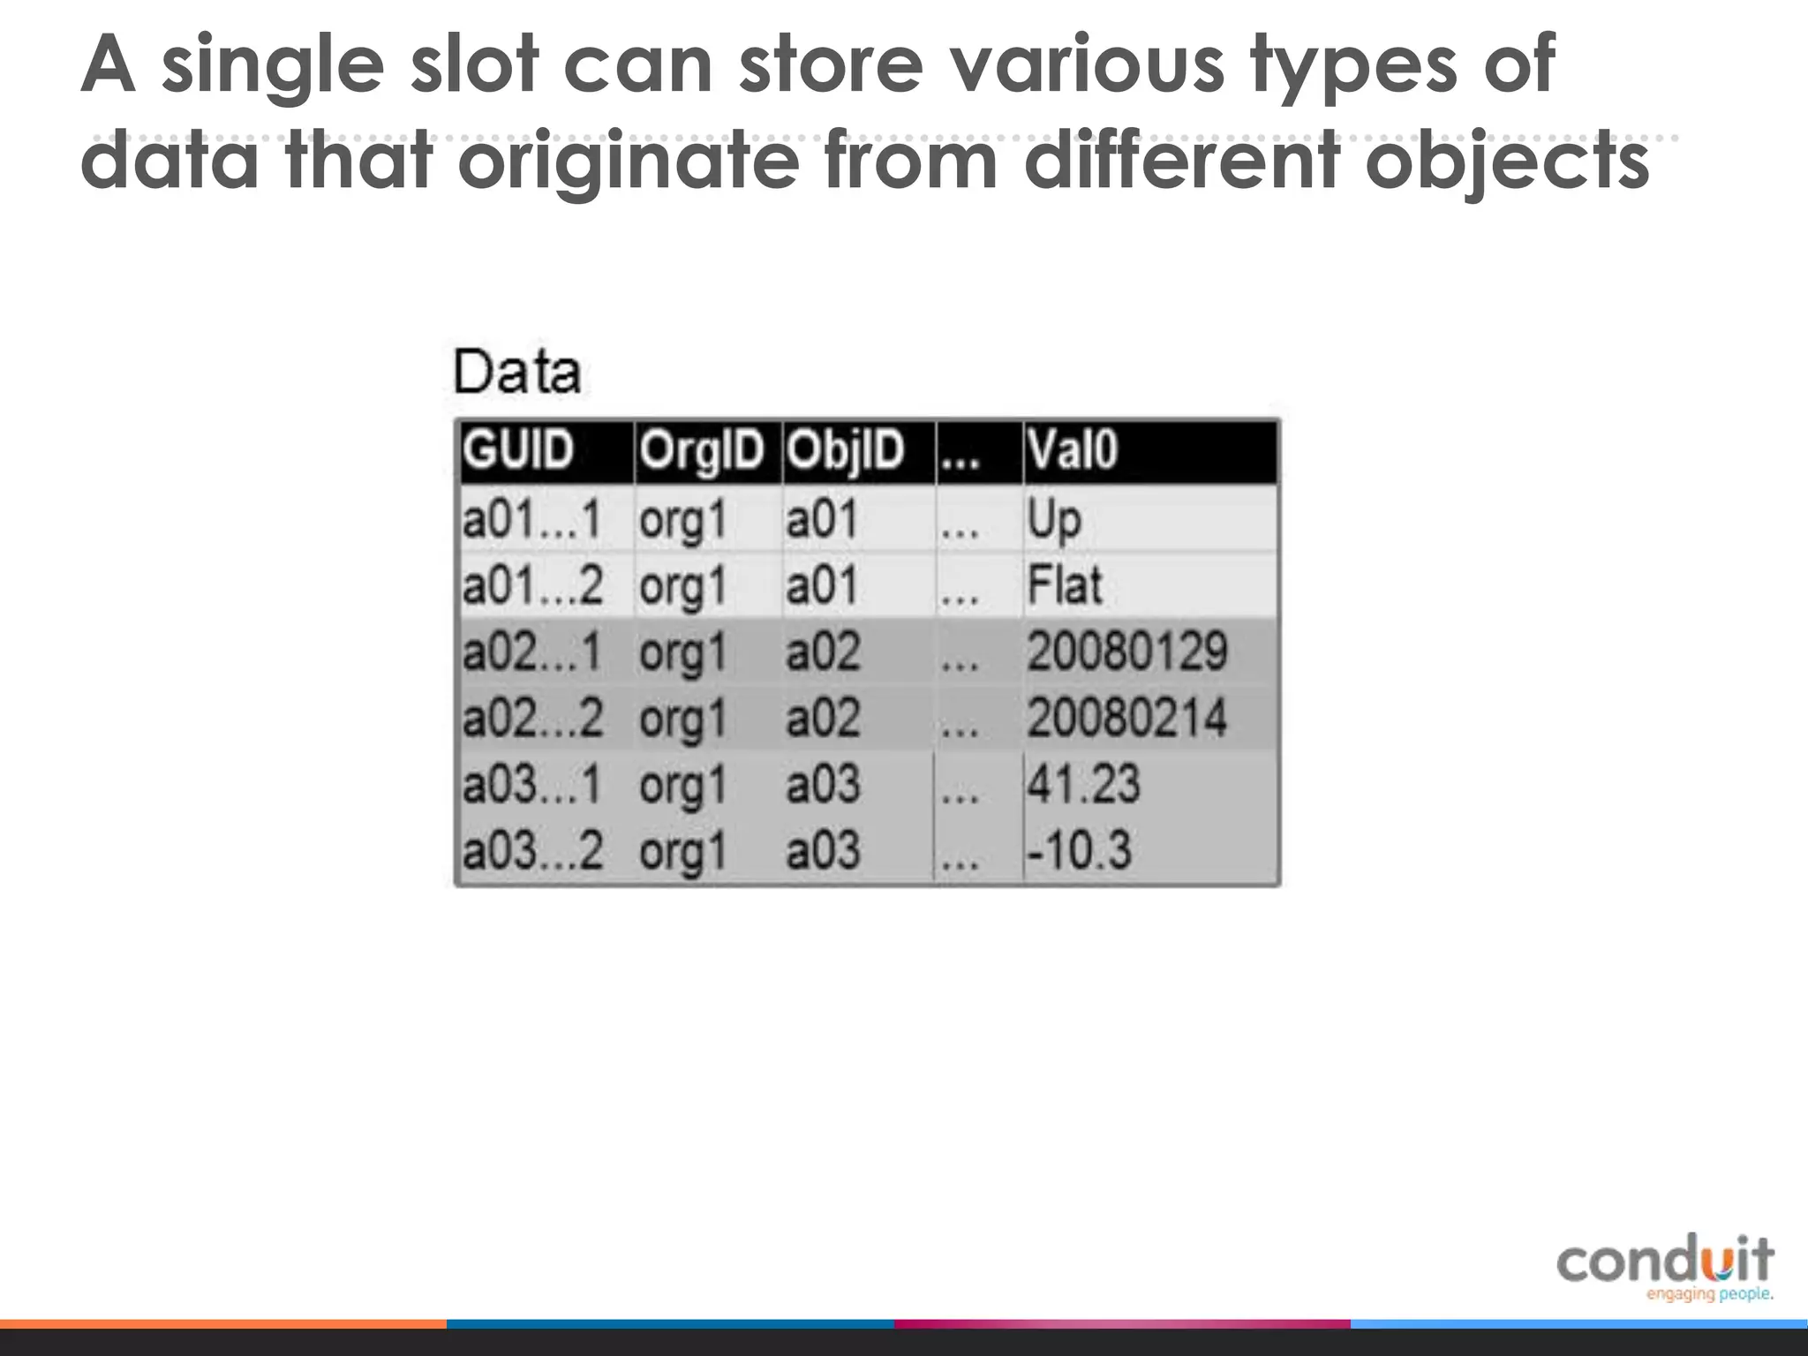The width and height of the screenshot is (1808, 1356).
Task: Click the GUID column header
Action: [x=519, y=450]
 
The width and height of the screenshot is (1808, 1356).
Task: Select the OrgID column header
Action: [x=702, y=451]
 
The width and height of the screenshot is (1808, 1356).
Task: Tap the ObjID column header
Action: [x=846, y=451]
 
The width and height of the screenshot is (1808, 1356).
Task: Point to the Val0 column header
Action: [x=1072, y=450]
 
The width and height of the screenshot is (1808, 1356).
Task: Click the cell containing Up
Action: [x=1053, y=520]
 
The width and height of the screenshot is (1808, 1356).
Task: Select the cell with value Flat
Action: [x=1065, y=586]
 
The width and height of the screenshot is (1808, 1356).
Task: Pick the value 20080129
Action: [x=1126, y=652]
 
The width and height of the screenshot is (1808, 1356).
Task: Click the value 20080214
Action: [x=1126, y=718]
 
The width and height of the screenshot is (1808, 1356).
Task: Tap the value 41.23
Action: [x=1083, y=784]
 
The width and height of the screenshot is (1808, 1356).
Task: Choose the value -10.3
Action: [x=1078, y=850]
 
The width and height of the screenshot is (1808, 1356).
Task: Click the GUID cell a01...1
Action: [x=531, y=519]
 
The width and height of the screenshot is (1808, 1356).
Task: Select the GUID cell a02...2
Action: [x=532, y=718]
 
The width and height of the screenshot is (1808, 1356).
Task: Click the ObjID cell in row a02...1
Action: [x=823, y=652]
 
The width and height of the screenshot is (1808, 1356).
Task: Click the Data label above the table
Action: [x=517, y=373]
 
